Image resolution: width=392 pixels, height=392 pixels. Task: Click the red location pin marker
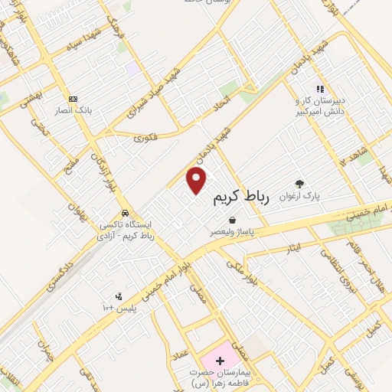(x=197, y=181)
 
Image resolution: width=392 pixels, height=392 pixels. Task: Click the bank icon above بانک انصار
(x=73, y=99)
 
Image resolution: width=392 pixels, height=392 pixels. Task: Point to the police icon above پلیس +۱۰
(x=118, y=296)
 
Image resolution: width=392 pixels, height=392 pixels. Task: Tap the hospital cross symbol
(x=220, y=360)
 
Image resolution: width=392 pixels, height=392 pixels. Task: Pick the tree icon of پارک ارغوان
(x=299, y=184)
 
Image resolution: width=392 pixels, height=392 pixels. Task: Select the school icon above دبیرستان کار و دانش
(x=320, y=89)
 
